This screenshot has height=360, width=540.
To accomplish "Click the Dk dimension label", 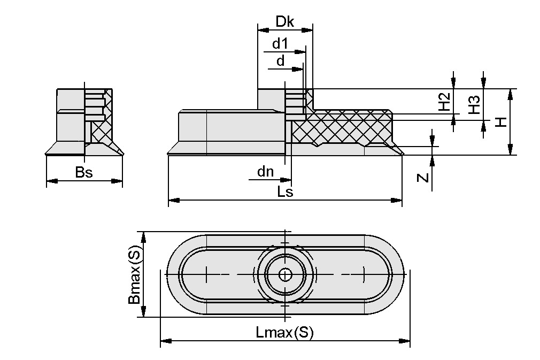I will click(285, 21).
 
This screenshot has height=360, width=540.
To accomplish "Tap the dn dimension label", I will click(265, 172).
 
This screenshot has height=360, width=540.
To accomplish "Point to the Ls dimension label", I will click(285, 192).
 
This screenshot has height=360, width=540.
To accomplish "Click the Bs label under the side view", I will click(84, 172).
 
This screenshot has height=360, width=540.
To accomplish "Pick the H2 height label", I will click(443, 102).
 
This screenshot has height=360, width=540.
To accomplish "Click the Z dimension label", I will click(422, 178).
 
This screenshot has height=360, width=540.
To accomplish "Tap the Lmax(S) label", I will click(284, 332).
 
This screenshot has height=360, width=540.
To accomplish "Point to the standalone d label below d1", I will click(281, 61).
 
